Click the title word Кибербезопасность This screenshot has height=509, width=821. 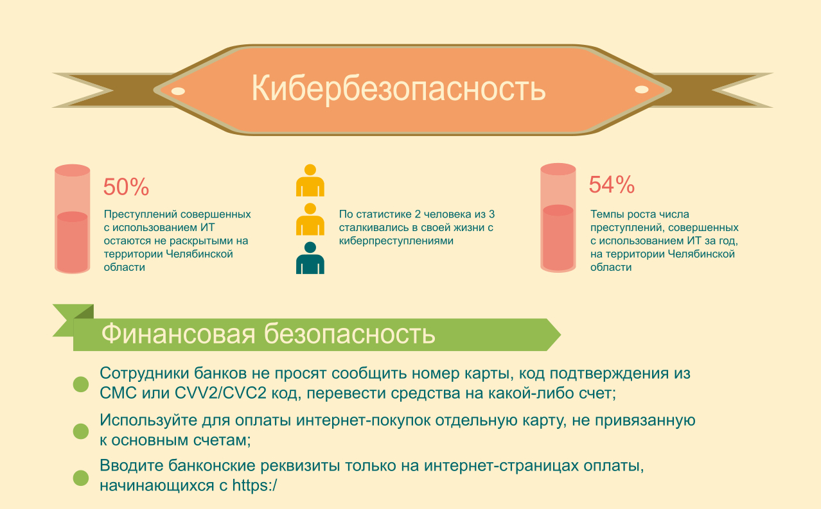398,89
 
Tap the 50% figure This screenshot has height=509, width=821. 126,187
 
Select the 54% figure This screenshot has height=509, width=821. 612,185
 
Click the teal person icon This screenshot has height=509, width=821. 310,259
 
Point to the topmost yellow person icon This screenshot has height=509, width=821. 310,181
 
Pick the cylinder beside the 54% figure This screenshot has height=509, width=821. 557,218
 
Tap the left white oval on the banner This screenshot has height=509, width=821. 178,91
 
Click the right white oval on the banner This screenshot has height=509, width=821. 641,89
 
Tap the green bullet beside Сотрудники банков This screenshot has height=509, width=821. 80,384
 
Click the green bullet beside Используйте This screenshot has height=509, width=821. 80,431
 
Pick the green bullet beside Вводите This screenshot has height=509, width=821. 80,478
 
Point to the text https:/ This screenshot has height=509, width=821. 254,485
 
